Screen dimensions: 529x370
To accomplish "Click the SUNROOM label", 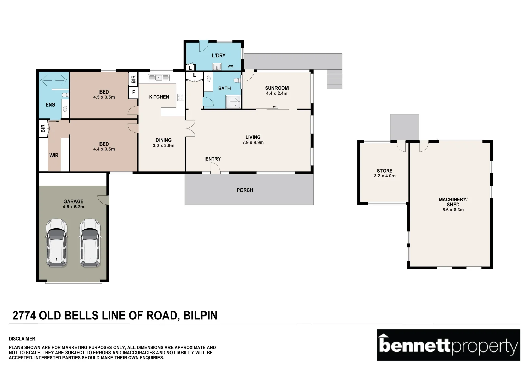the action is point(277,88).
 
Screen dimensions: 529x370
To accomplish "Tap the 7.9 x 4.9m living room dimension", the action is point(253,143).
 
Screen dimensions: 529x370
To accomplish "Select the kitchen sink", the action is point(159,77).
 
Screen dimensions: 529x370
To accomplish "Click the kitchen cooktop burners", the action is point(181,97).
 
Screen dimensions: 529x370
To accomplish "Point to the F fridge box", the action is point(133,92).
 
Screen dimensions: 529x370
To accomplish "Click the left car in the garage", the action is point(57,243).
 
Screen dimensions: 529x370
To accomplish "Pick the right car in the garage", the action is point(90,243).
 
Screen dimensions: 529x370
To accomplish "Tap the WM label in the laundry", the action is point(230,66).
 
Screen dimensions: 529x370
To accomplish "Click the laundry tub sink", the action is point(217,66).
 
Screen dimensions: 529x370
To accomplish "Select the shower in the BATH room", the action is point(233,102).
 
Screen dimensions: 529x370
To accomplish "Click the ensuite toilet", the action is point(65,95).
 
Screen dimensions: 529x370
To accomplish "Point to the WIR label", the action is point(54,156).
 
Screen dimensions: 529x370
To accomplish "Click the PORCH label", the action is point(245,190).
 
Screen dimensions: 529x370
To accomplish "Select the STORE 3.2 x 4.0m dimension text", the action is point(385,176).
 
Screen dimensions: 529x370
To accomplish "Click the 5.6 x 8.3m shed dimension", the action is point(453,210).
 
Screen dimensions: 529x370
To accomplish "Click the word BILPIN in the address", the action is point(200,316).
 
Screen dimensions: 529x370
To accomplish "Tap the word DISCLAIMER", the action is point(22,338).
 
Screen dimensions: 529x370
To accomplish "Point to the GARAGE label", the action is point(73,201).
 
